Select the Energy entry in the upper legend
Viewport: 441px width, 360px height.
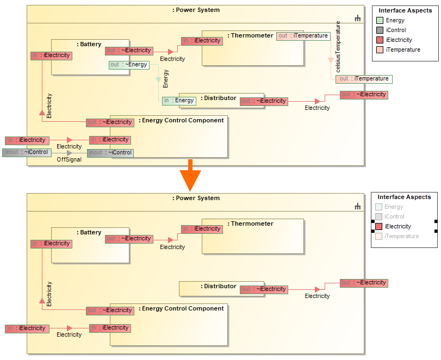pyautogui.click(x=395, y=21)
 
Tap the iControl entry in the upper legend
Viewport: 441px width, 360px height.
pyautogui.click(x=396, y=30)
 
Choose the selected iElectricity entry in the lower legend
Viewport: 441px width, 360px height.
pyautogui.click(x=398, y=227)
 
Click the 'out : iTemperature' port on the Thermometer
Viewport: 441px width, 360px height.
pyautogui.click(x=303, y=36)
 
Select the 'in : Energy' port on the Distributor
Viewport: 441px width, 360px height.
pyautogui.click(x=179, y=101)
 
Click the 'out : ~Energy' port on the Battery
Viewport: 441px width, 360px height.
pyautogui.click(x=129, y=65)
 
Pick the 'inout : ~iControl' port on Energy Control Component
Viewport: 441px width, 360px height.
pyautogui.click(x=110, y=153)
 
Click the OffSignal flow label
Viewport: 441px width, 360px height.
pyautogui.click(x=69, y=160)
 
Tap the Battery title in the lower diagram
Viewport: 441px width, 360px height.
pyautogui.click(x=89, y=233)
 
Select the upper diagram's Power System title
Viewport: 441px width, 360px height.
pyautogui.click(x=196, y=10)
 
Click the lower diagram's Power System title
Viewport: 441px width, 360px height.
pyautogui.click(x=196, y=198)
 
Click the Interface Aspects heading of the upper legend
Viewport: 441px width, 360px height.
pyautogui.click(x=405, y=11)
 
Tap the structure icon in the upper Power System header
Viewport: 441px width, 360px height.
pyautogui.click(x=358, y=18)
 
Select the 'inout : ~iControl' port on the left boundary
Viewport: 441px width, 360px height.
pyautogui.click(x=27, y=152)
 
